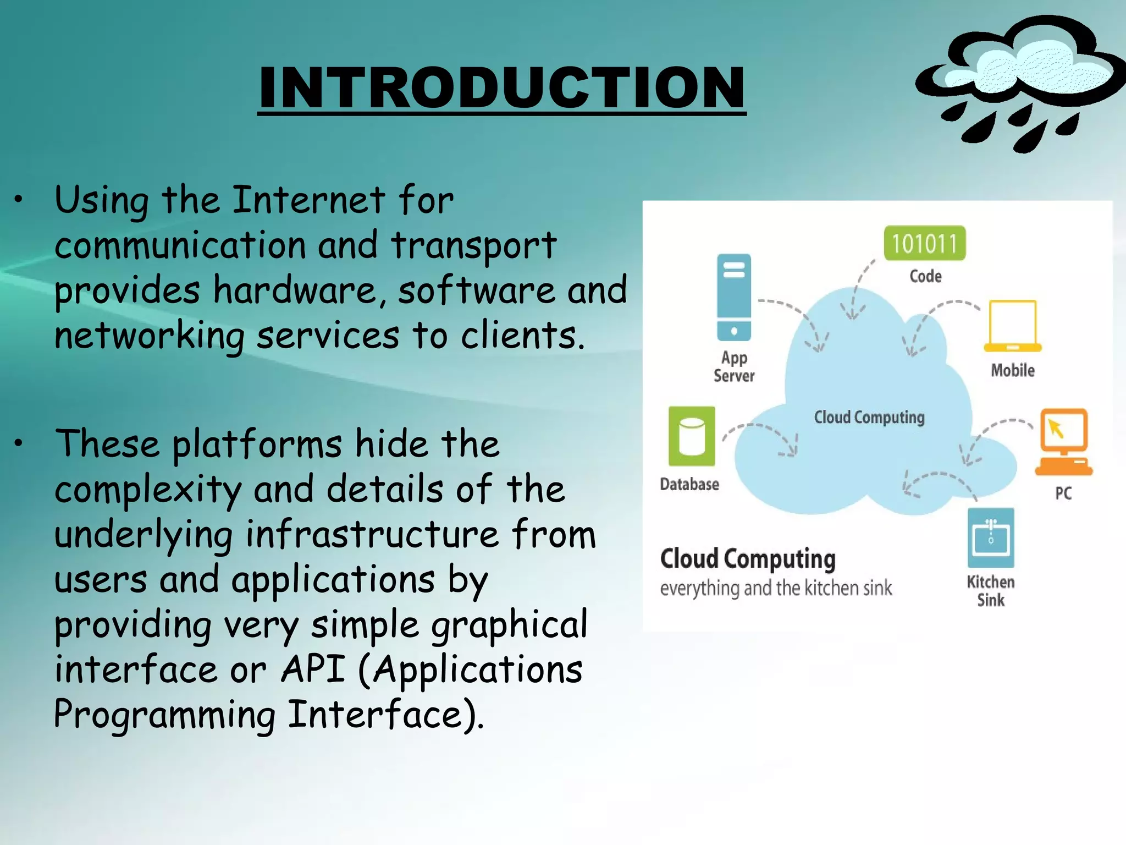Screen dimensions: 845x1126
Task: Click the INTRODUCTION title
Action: coord(501,88)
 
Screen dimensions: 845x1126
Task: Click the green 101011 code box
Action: coord(924,243)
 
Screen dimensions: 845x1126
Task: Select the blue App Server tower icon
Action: coord(733,297)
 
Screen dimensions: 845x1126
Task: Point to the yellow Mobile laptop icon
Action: coord(1012,326)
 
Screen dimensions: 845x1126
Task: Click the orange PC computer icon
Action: coord(1063,442)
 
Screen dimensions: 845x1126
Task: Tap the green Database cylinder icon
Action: coord(692,436)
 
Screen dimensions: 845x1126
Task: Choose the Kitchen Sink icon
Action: coord(991,537)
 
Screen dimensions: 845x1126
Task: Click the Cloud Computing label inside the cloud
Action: coord(869,418)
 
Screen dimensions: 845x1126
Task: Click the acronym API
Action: coord(313,670)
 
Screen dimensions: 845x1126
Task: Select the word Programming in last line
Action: coord(164,715)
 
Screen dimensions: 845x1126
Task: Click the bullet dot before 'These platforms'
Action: coord(19,443)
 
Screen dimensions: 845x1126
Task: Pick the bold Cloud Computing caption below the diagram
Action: coord(748,559)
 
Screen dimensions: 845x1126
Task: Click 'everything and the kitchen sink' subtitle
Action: coord(775,588)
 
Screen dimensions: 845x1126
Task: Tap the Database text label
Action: coord(689,484)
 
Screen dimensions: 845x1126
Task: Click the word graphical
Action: coord(509,624)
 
